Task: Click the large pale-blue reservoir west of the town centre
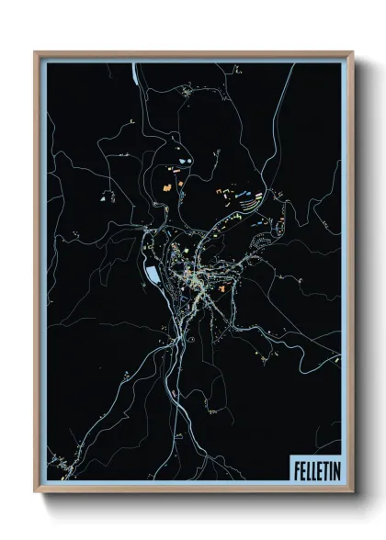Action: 151,274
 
